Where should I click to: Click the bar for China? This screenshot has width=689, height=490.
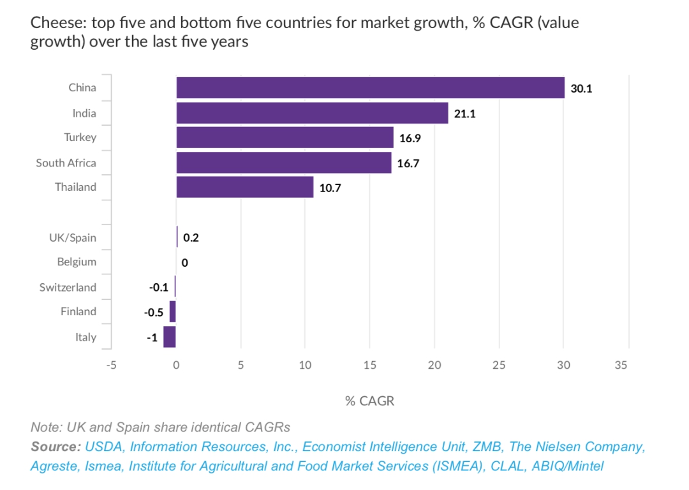coord(370,88)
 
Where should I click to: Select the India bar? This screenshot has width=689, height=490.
coord(312,113)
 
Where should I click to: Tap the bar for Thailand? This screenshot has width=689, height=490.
coord(244,187)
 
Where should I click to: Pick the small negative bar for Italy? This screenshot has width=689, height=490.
coord(169,337)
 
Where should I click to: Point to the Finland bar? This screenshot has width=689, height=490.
coord(172,312)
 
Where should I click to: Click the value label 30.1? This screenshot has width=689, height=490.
coord(581,89)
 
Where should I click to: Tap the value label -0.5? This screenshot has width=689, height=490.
coord(153,313)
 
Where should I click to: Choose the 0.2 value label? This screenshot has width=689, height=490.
coord(191,238)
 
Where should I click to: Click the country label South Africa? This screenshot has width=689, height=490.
coord(66,163)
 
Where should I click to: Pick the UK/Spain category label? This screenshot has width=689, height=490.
coord(73,238)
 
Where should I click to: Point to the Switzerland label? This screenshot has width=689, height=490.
coord(68,287)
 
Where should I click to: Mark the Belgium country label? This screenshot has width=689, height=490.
coord(77,262)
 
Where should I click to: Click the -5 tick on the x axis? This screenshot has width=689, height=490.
coord(112,366)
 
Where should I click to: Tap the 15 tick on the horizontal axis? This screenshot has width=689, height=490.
coord(369,366)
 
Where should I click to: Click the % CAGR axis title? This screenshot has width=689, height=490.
coord(370,401)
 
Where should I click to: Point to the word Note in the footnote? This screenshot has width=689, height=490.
coord(44,427)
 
